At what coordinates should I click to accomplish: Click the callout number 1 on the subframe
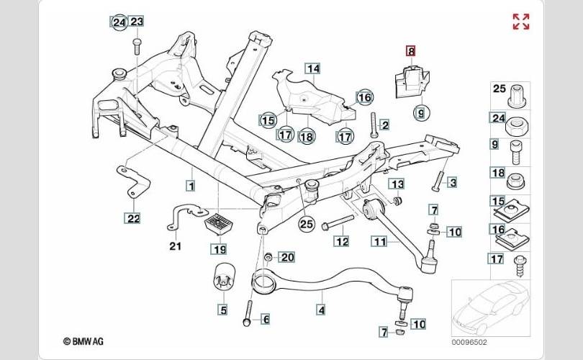coord(191,186)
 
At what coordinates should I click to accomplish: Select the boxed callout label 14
coord(312,69)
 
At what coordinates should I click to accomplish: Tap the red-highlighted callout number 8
coord(411,50)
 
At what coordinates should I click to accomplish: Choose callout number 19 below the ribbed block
coord(218,249)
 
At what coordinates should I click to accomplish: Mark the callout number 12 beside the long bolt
coord(341,241)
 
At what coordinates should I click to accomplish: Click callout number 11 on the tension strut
coord(379,241)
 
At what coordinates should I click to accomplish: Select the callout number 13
coord(397,184)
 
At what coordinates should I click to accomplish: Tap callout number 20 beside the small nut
coord(287,256)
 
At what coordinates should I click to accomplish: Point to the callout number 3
coord(452,182)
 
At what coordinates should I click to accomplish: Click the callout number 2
coord(384,125)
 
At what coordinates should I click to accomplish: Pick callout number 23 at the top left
coord(137,22)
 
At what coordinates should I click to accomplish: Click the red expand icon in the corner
coord(520,22)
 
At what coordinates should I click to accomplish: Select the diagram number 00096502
coord(469,343)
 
